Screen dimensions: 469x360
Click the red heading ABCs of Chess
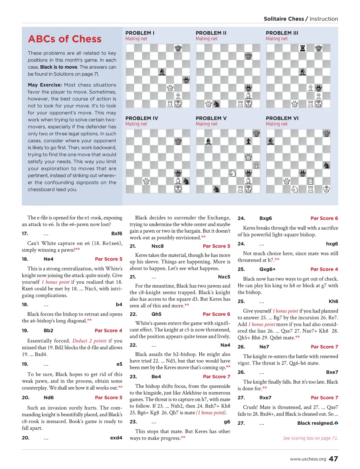click(65, 39)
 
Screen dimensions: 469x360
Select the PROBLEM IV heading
click(142, 118)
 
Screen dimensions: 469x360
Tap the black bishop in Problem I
click(162, 72)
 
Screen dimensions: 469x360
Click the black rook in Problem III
click(302, 48)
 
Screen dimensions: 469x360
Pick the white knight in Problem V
click(232, 173)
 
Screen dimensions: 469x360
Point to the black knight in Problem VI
click(327, 165)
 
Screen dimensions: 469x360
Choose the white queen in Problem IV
click(146, 181)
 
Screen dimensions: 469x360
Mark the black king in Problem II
click(249, 56)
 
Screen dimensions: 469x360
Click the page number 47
click(333, 459)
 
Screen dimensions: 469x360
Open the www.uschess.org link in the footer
click(308, 459)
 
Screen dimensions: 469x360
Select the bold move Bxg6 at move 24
click(265, 218)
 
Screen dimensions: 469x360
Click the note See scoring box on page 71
click(310, 438)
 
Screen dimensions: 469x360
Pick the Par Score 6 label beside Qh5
click(216, 314)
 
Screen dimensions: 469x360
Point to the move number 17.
click(25, 234)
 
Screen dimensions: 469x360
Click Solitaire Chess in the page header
click(284, 19)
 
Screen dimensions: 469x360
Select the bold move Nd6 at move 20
click(49, 398)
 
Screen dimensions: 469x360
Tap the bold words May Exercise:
click(45, 85)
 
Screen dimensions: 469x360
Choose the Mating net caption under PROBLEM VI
click(276, 124)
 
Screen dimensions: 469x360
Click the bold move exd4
click(116, 438)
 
